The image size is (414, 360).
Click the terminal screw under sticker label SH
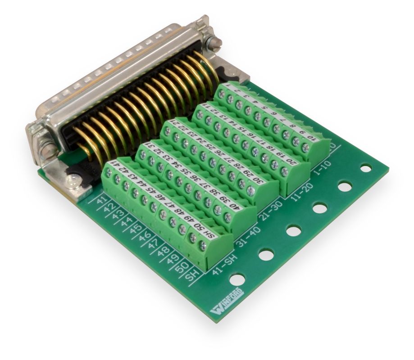pyautogui.click(x=202, y=245)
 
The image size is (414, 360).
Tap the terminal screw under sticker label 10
pyautogui.click(x=305, y=147)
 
